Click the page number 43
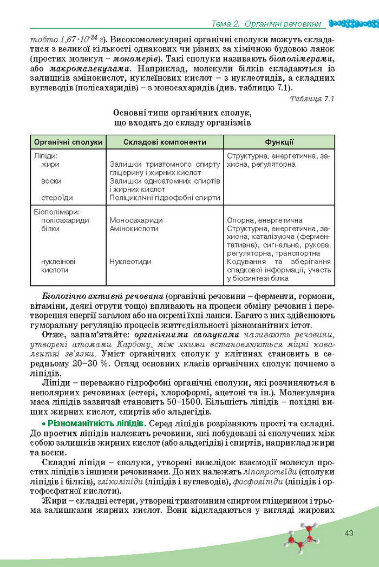(349, 533)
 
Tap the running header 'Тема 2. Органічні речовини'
(266, 24)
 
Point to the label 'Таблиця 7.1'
(312, 99)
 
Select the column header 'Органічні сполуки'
(68, 142)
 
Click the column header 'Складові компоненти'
(165, 142)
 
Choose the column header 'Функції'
(279, 142)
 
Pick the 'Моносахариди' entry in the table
(136, 220)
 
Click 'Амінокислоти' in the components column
(134, 229)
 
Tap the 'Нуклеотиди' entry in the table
(130, 261)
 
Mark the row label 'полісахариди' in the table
(65, 220)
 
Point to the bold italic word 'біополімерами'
(303, 61)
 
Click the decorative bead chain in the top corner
(352, 23)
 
